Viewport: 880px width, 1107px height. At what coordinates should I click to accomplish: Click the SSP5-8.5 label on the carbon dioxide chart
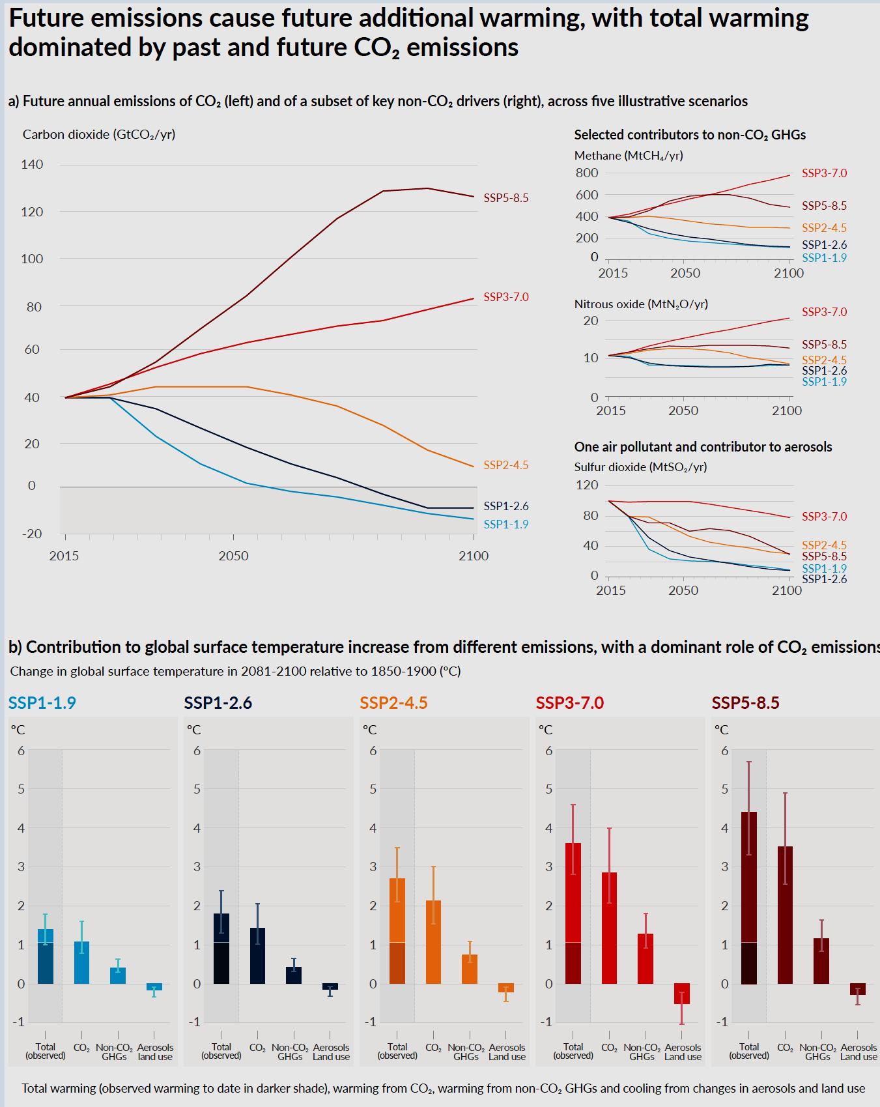tap(505, 198)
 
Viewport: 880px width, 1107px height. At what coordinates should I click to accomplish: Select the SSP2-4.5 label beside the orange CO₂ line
tap(505, 465)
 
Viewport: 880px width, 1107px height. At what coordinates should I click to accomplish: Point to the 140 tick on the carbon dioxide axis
tap(32, 164)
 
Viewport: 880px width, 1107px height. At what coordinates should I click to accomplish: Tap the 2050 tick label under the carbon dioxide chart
tap(233, 556)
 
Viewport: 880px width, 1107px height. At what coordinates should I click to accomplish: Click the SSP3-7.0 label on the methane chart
tap(824, 173)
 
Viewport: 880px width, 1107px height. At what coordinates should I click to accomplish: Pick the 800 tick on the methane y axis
tap(586, 173)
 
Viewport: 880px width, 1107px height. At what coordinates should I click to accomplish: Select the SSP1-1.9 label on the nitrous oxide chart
tap(824, 382)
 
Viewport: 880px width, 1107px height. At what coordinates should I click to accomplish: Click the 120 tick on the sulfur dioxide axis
tap(586, 485)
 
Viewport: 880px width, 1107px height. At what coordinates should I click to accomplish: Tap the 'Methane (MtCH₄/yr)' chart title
tap(629, 156)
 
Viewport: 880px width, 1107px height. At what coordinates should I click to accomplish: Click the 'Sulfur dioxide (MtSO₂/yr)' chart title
tap(640, 467)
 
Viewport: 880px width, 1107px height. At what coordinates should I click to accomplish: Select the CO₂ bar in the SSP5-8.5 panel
tap(785, 915)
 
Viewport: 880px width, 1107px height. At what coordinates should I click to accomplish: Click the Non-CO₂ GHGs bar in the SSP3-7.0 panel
tap(645, 958)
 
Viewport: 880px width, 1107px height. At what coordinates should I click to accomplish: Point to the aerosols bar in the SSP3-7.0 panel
tap(681, 993)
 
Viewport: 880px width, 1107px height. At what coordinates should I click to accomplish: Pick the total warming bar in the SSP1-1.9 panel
tap(46, 956)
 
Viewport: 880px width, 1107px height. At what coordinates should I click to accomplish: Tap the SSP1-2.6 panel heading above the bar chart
tap(218, 703)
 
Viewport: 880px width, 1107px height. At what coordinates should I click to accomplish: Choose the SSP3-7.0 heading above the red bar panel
tap(569, 703)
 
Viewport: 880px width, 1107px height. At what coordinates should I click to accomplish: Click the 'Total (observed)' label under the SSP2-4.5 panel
tap(397, 1051)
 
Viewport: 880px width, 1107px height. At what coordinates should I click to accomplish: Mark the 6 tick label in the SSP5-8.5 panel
tap(724, 751)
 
